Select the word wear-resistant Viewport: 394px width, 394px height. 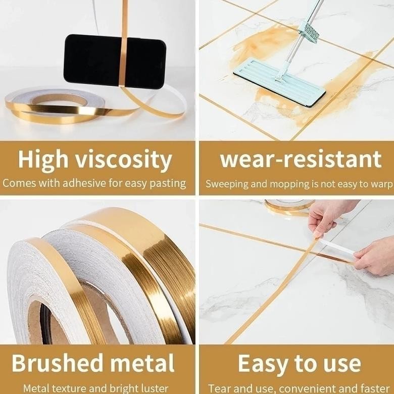click(x=301, y=160)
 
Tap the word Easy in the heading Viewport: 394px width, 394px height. click(x=263, y=364)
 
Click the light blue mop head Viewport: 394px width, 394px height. click(x=279, y=81)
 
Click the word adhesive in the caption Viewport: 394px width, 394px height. click(x=85, y=183)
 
